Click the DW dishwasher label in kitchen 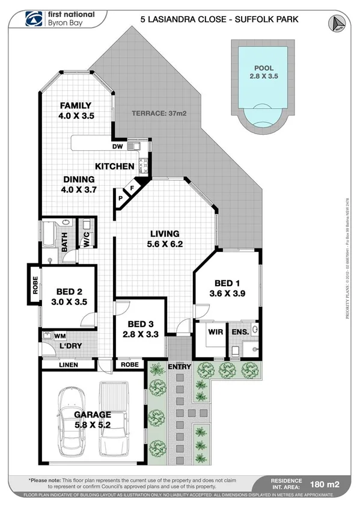pyautogui.click(x=118, y=146)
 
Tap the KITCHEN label pyautogui.click(x=114, y=166)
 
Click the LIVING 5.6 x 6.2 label pyautogui.click(x=165, y=239)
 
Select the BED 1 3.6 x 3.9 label pyautogui.click(x=227, y=289)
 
